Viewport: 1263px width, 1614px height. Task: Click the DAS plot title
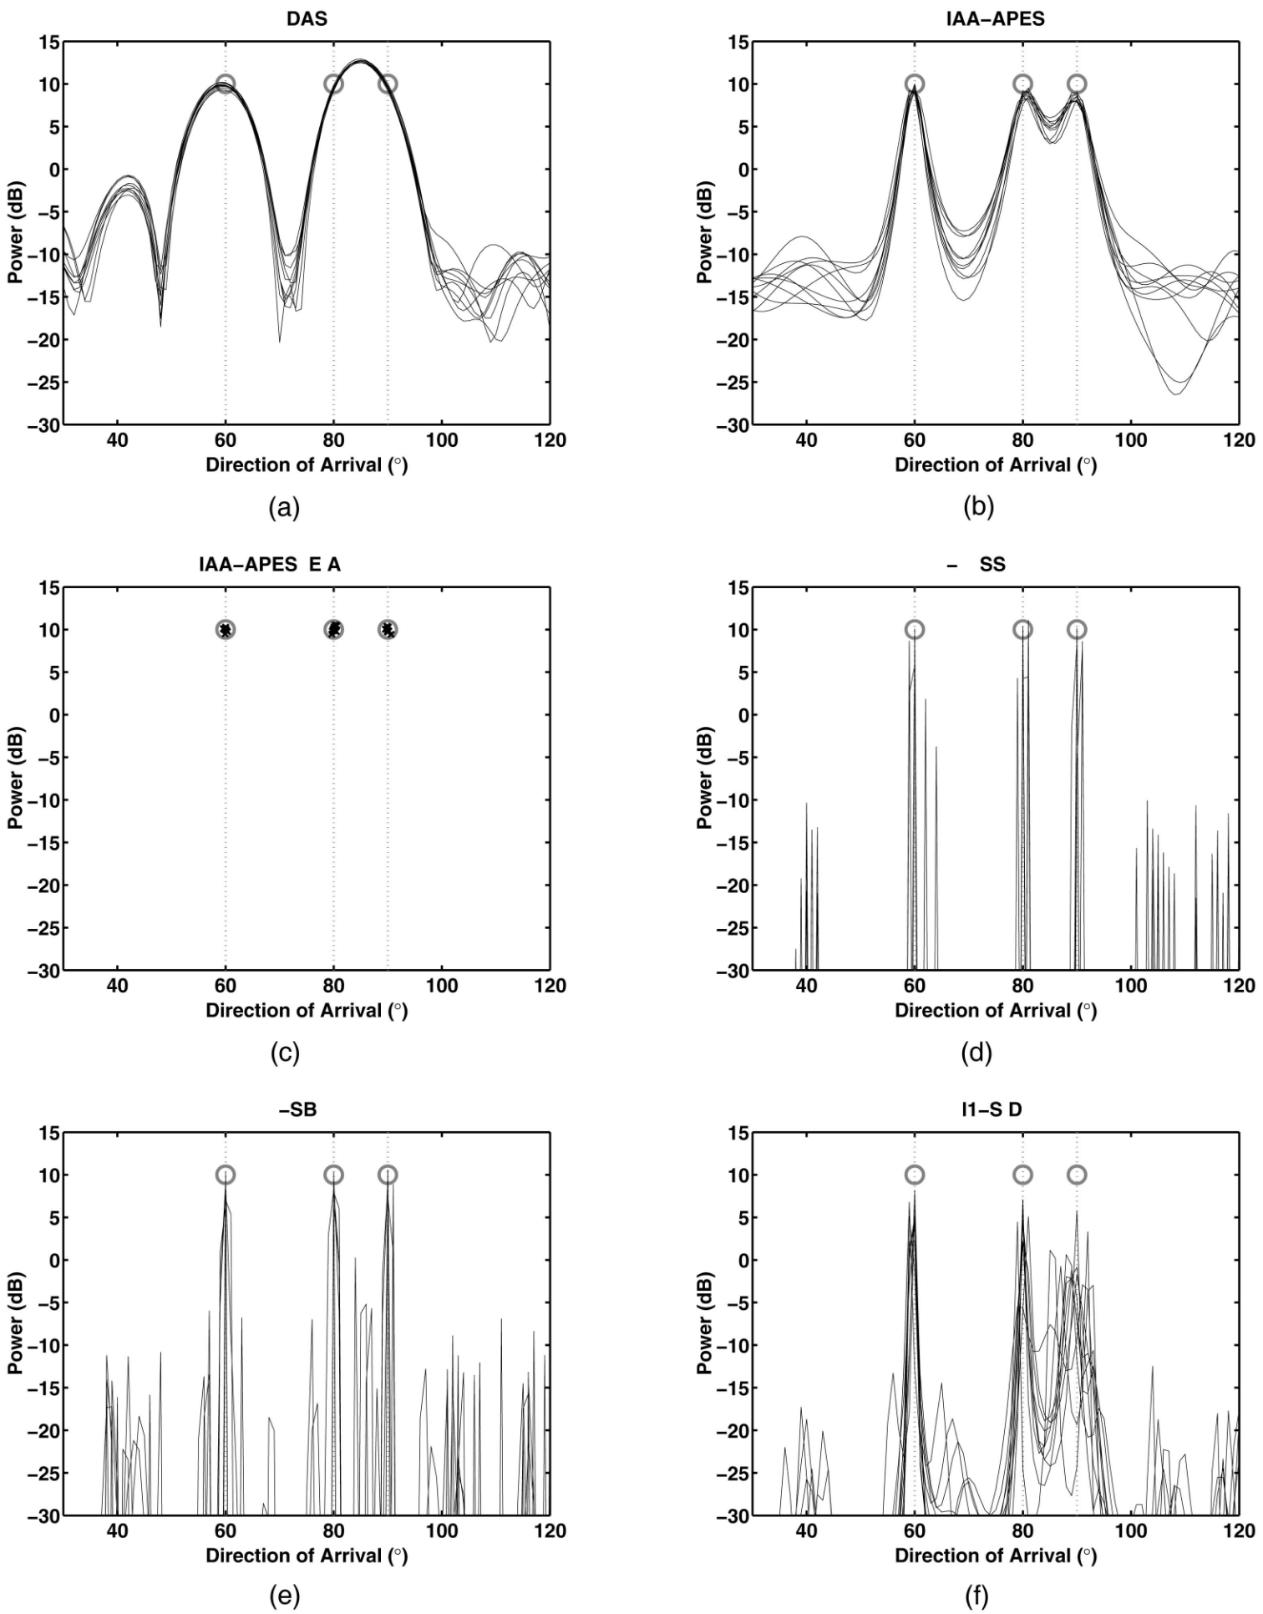point(307,18)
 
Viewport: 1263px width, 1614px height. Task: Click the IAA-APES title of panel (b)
point(995,18)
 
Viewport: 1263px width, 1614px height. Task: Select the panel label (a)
point(284,506)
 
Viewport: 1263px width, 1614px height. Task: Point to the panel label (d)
point(976,1053)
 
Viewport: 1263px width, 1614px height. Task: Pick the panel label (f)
point(976,1597)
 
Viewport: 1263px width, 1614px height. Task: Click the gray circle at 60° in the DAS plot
point(225,84)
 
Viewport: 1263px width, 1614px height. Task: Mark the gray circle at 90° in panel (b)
point(1077,84)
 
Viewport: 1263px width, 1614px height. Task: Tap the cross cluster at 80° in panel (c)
point(333,629)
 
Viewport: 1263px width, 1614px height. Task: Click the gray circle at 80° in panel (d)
point(1022,629)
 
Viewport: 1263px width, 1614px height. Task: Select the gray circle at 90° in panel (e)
point(388,1175)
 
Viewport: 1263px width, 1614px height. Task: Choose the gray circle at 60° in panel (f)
point(915,1175)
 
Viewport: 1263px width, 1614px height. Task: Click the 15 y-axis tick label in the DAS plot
point(48,42)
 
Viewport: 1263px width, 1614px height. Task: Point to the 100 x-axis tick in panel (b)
point(1131,440)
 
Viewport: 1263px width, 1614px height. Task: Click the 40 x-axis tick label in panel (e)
point(118,1531)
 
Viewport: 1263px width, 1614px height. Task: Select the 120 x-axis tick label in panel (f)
point(1239,1531)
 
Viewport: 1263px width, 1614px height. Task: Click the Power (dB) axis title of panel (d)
point(704,778)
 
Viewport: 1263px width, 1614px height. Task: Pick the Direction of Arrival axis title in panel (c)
point(307,1010)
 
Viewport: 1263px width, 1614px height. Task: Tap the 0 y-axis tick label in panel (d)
point(742,715)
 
